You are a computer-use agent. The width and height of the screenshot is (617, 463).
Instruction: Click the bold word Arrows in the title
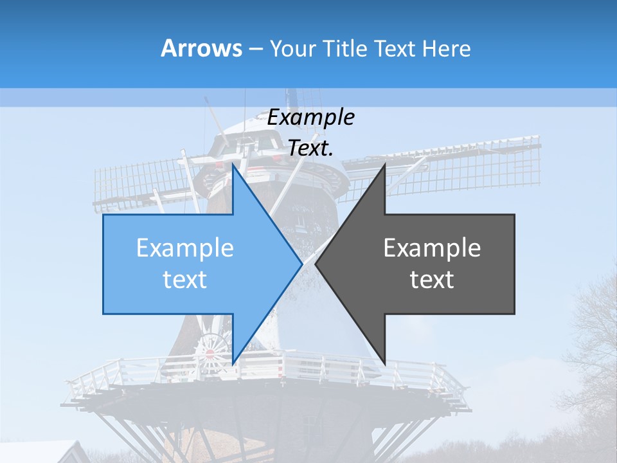(x=201, y=48)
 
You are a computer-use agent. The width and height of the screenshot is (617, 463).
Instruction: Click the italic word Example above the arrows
(x=310, y=117)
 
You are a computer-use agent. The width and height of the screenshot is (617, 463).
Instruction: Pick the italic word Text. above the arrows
(x=310, y=148)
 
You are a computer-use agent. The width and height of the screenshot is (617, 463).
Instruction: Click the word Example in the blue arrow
(x=185, y=248)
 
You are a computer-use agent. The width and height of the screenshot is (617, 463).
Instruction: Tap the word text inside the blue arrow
(x=185, y=280)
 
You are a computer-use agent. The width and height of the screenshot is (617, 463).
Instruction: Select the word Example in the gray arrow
(x=432, y=248)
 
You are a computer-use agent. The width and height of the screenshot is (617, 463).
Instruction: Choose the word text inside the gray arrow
(x=432, y=280)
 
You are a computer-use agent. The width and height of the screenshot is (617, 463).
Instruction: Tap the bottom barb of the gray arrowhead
(x=384, y=361)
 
